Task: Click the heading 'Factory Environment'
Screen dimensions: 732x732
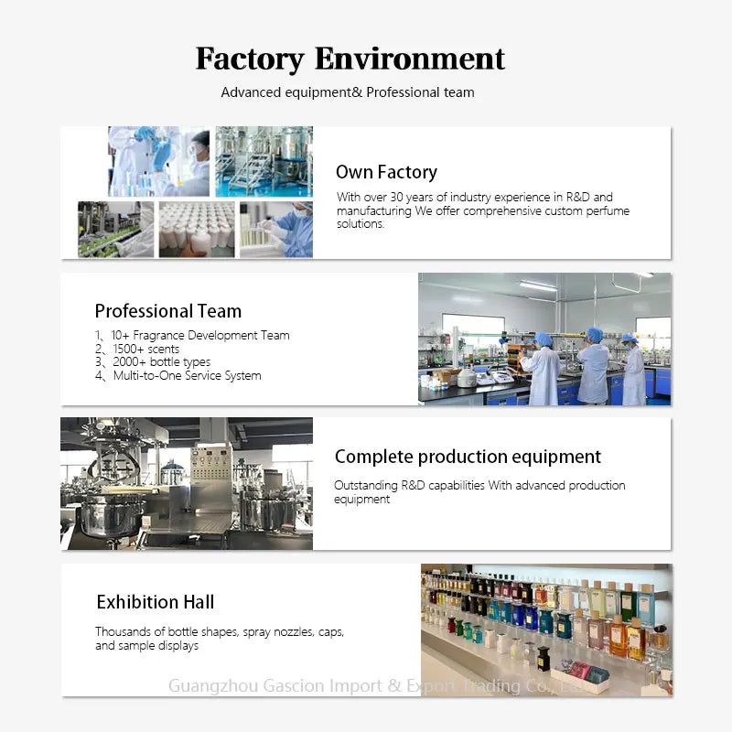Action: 350,59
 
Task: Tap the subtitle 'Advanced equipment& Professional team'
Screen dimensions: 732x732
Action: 348,92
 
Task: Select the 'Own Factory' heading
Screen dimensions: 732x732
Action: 386,172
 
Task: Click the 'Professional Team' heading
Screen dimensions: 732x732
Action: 168,311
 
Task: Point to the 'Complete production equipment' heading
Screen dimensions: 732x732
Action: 468,457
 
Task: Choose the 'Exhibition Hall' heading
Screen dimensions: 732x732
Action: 156,602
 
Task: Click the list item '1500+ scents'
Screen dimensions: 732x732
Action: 146,349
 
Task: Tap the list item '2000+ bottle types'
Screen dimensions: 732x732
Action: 162,361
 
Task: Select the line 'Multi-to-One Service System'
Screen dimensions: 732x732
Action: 188,375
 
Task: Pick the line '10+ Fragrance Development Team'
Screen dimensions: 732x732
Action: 200,335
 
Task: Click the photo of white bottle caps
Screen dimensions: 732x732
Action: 197,230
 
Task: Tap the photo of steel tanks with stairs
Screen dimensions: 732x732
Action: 264,162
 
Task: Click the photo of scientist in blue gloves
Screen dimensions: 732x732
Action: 158,162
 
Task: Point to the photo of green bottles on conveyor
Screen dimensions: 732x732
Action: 116,230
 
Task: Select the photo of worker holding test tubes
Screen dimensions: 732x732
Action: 276,230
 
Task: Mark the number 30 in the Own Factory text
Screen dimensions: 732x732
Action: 396,197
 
